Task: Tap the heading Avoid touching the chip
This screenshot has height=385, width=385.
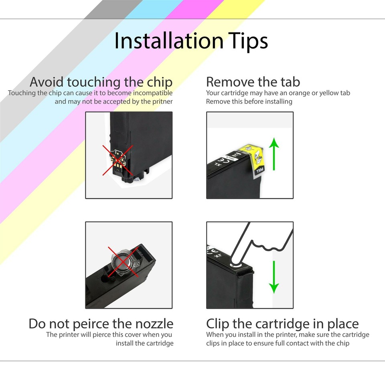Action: (101, 82)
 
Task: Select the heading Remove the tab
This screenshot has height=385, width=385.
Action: (253, 82)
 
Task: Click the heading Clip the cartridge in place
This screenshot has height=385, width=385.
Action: (282, 324)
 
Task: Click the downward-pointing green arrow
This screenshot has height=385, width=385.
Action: (274, 277)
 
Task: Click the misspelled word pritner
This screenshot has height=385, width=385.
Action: (161, 101)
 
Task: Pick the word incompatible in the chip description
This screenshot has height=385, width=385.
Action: (150, 93)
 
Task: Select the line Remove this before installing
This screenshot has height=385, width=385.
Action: (249, 101)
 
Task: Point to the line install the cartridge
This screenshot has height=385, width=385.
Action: (145, 343)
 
